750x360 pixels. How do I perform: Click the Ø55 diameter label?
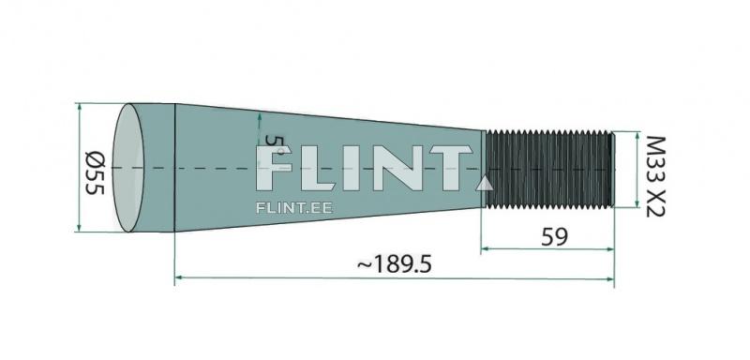(x=95, y=172)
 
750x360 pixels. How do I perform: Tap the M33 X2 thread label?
(x=655, y=176)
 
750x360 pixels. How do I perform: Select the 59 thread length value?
(x=554, y=237)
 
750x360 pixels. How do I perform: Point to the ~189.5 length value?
(x=395, y=263)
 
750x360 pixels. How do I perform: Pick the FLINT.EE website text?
(x=294, y=208)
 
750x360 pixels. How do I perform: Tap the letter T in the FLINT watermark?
(x=451, y=169)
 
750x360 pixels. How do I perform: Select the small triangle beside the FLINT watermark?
(x=485, y=184)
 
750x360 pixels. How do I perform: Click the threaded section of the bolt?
(x=548, y=170)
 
